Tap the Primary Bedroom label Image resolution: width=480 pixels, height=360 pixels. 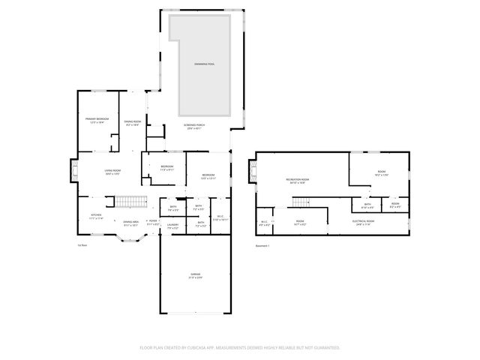pyautogui.click(x=97, y=120)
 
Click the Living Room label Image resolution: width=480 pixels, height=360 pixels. pyautogui.click(x=112, y=172)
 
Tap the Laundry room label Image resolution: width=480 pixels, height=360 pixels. pyautogui.click(x=172, y=225)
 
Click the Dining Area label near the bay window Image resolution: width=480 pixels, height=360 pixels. pyautogui.click(x=130, y=223)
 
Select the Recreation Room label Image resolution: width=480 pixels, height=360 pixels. pyautogui.click(x=298, y=180)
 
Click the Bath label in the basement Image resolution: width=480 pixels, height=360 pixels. pyautogui.click(x=367, y=205)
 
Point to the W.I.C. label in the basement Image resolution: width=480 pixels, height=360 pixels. pyautogui.click(x=264, y=222)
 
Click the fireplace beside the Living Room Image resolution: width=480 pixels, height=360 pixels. pyautogui.click(x=73, y=171)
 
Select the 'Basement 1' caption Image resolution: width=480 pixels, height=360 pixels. pyautogui.click(x=262, y=245)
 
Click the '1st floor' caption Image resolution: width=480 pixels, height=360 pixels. pyautogui.click(x=82, y=245)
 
